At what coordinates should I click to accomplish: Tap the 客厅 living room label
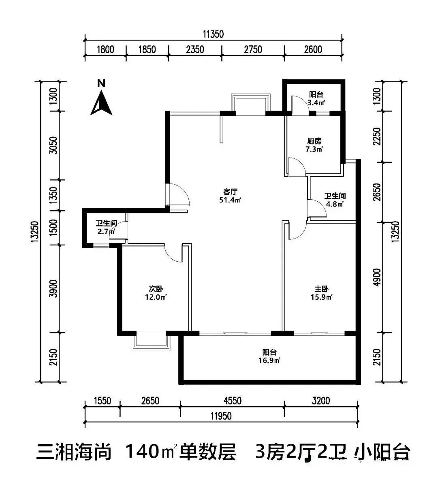click(230, 192)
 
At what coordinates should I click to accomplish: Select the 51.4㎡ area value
click(230, 200)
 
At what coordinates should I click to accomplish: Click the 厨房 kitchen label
click(314, 141)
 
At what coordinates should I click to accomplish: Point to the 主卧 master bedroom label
click(322, 289)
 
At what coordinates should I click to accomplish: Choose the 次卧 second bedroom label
click(156, 289)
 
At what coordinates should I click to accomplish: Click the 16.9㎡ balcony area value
click(269, 360)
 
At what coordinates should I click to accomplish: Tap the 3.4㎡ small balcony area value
click(316, 103)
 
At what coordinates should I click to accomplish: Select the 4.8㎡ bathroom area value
click(335, 204)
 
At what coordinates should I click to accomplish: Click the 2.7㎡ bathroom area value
click(106, 231)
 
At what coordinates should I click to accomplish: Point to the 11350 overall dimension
click(213, 34)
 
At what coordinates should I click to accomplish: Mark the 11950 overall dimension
click(221, 416)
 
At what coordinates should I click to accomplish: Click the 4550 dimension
click(232, 401)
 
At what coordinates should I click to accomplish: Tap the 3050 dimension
click(53, 145)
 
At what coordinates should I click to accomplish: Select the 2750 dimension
click(253, 49)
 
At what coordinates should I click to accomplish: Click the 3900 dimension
click(53, 289)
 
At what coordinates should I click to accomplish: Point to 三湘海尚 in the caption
click(74, 452)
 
